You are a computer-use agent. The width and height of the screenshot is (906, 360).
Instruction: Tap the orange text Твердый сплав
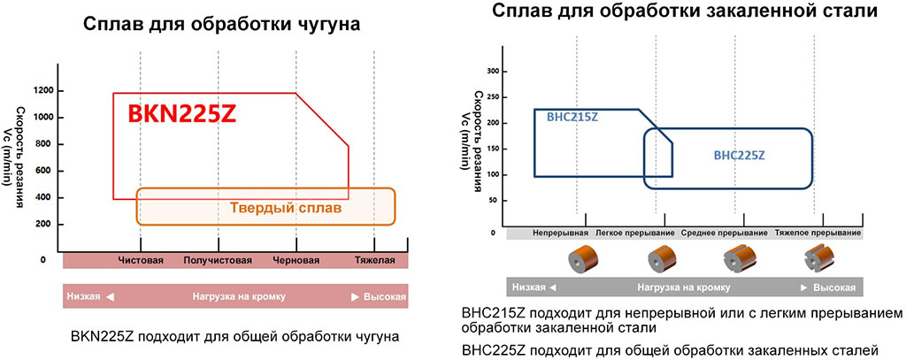coord(291,209)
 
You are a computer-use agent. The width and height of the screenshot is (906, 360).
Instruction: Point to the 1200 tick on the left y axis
coord(43,91)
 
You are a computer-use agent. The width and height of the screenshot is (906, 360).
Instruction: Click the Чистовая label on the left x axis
coord(142,261)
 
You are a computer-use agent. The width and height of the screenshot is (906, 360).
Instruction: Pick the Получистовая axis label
coord(218,261)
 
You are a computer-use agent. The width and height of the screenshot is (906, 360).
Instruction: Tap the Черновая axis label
coord(295,261)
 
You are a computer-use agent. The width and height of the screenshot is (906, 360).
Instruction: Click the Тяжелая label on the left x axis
coord(373,261)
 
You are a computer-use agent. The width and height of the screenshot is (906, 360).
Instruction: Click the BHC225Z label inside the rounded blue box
coord(739,155)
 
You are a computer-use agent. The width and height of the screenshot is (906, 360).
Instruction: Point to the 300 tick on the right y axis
coord(494,71)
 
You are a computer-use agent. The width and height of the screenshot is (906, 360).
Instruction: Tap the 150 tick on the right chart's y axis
coord(494,149)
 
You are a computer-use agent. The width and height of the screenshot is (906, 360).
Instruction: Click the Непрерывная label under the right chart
coord(560,233)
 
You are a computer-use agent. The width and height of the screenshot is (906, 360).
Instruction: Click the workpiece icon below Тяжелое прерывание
coord(818,259)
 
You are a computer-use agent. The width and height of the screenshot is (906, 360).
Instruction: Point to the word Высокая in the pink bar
coord(385,296)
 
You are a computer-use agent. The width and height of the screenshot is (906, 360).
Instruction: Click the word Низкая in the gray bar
coord(530,288)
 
